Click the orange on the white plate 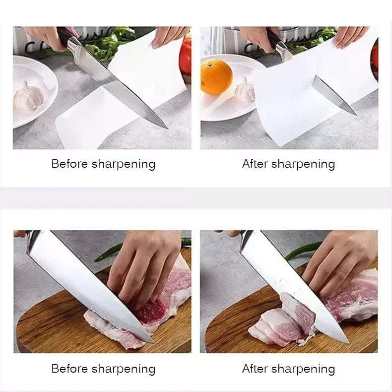(216, 76)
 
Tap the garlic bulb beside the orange (245, 90)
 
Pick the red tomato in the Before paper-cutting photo (186, 56)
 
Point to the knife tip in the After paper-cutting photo (355, 114)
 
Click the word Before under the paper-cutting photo (70, 164)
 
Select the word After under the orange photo (255, 164)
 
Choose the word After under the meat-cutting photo (255, 369)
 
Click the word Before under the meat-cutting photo (70, 369)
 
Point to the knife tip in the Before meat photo (151, 341)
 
